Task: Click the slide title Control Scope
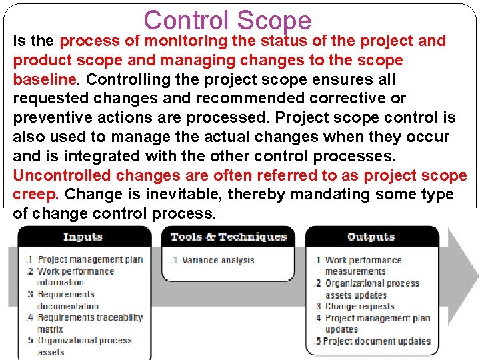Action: pyautogui.click(x=227, y=20)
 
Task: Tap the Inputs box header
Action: pyautogui.click(x=83, y=237)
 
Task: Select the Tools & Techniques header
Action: pyautogui.click(x=229, y=237)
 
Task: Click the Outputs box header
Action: pyautogui.click(x=371, y=237)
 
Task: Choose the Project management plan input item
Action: pyautogui.click(x=90, y=259)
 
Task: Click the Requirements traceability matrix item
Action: pyautogui.click(x=89, y=323)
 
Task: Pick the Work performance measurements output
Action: pyautogui.click(x=363, y=265)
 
